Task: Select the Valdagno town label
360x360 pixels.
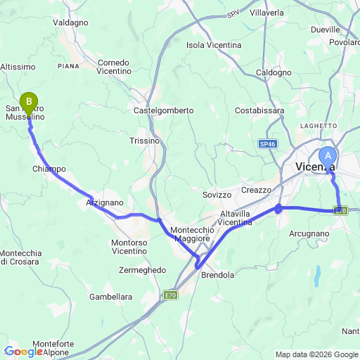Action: coord(70,22)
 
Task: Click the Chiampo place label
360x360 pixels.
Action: coord(49,169)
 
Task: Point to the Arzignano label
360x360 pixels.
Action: coord(104,202)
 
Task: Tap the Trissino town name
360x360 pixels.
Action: coord(145,141)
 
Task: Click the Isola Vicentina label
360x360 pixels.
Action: coord(214,45)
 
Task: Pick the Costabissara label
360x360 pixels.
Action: coord(259,110)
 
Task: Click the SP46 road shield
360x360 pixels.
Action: coord(268,143)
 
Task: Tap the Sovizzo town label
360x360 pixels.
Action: coord(216,195)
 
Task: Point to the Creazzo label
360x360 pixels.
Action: coord(256,190)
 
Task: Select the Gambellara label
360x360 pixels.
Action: coord(110,297)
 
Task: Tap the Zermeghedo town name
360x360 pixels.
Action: coord(142,270)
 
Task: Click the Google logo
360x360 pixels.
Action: coord(24,352)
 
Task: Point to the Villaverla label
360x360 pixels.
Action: coord(267,13)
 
